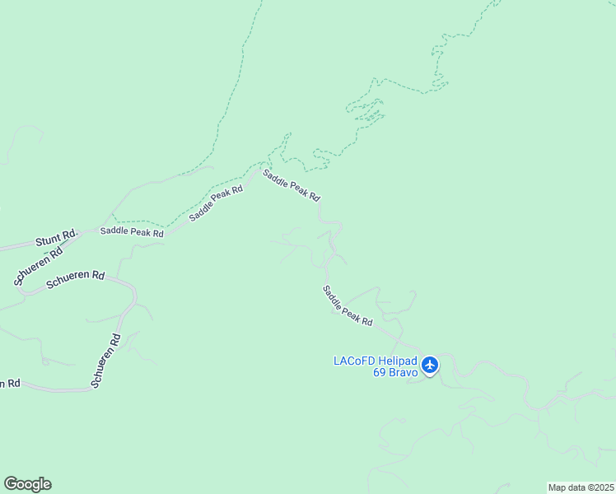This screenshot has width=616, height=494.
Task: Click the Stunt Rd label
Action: coord(55,240)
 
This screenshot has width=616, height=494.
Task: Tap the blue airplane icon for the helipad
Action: coord(430,365)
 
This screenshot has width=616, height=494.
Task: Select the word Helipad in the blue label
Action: coord(398,361)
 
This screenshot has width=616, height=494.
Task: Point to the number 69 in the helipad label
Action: coord(380,372)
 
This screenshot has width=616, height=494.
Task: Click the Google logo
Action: coord(27,484)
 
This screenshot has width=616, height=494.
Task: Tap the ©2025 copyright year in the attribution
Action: coord(600,487)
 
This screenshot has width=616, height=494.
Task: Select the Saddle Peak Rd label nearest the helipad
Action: coord(348,305)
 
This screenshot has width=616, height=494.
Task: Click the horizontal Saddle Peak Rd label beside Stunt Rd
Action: coord(132,232)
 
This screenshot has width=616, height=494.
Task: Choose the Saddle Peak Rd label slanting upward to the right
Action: coord(216,203)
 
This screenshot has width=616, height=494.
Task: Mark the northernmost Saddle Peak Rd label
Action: coord(291,184)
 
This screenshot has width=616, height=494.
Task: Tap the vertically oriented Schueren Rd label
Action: coord(106,361)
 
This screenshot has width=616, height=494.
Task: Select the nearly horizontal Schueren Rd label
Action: coord(75,278)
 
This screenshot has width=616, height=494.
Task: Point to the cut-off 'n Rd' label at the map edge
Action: coord(9,384)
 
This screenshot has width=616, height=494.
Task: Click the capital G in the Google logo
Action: coord(11,484)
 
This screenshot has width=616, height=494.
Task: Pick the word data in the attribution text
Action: coord(579,487)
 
